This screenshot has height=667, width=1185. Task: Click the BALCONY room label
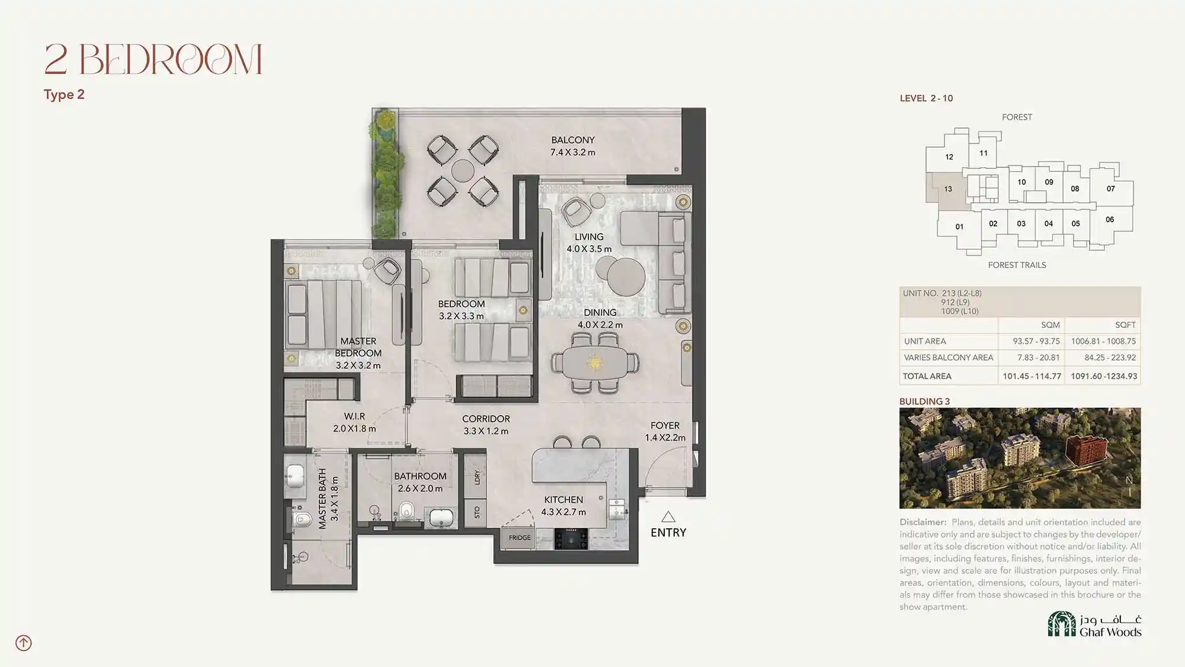572,140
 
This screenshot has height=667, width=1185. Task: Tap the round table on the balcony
463,171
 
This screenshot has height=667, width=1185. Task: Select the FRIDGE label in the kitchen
520,538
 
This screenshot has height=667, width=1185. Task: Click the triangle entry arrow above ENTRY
668,517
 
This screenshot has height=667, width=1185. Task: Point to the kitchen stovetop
571,539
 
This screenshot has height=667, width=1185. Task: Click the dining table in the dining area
594,362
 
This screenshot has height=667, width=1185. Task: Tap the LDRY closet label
478,477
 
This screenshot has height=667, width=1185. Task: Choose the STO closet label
478,512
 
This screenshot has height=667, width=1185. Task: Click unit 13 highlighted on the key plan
948,189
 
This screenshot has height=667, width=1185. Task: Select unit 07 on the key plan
1111,189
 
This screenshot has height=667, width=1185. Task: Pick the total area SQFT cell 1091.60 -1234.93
1104,376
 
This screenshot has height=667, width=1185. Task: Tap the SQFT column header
1125,325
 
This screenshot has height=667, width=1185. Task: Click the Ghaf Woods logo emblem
1062,624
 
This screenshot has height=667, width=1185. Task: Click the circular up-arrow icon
24,643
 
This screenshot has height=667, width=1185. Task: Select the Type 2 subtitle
64,95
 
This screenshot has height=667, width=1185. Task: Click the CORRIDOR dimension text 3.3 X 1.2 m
486,431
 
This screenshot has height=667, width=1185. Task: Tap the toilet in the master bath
300,520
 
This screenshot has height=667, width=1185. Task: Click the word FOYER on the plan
665,426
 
